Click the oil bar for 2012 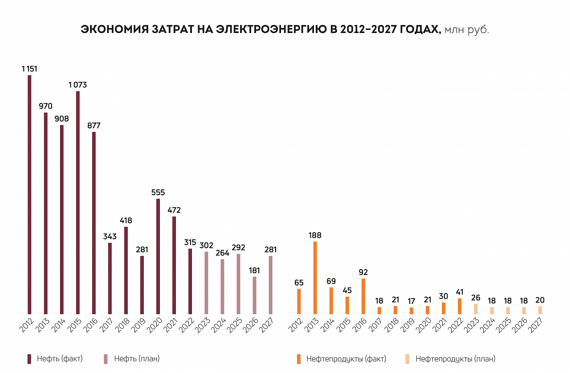[x=29, y=194]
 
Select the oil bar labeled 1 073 [x=77, y=203]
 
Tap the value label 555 [x=158, y=193]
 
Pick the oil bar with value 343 [x=110, y=278]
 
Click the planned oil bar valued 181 [x=254, y=295]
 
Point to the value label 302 [x=206, y=246]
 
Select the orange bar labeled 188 [x=315, y=278]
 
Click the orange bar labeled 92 [x=363, y=296]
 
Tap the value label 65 [x=299, y=283]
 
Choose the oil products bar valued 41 [x=460, y=306]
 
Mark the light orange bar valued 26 [x=476, y=309]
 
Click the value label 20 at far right [x=540, y=300]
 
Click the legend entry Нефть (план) [x=132, y=359]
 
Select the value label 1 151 [x=29, y=69]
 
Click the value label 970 [x=45, y=106]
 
